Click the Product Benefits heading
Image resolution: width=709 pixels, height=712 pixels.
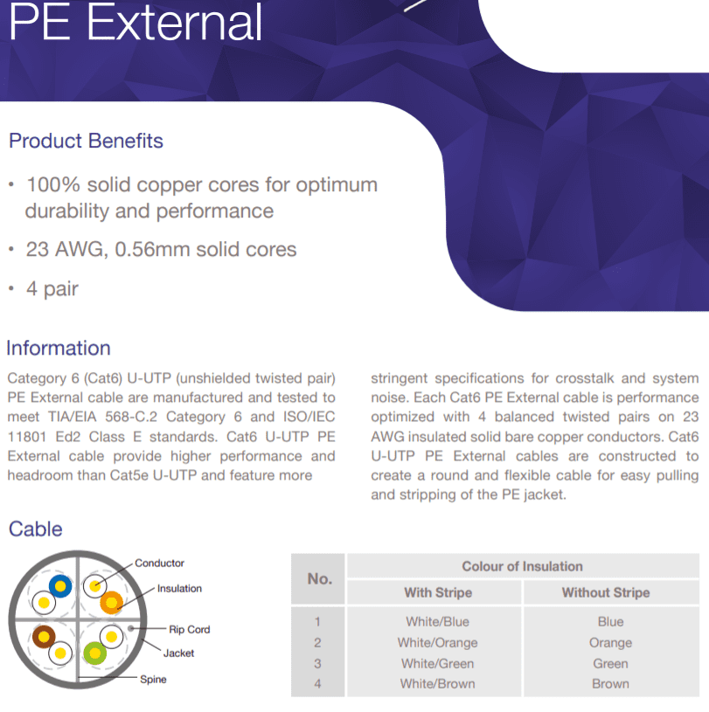(86, 141)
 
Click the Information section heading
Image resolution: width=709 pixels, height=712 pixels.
(59, 349)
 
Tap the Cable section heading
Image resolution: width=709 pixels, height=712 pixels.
(36, 529)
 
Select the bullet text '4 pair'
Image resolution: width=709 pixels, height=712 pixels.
(52, 289)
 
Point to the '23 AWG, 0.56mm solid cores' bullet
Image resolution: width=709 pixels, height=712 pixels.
(161, 249)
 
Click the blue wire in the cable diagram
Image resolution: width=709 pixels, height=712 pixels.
(60, 586)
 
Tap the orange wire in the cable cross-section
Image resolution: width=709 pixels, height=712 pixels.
(111, 603)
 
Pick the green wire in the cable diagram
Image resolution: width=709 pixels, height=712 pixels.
(95, 653)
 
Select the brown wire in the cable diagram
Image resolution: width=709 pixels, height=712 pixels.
(44, 637)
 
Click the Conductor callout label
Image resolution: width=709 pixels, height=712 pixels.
(159, 563)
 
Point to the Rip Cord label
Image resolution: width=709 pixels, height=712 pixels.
(190, 629)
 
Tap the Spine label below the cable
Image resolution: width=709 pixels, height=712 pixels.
(153, 680)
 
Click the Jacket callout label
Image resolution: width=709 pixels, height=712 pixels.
(178, 653)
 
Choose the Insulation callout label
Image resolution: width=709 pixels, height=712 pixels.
(179, 589)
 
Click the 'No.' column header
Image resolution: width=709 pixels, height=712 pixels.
(319, 578)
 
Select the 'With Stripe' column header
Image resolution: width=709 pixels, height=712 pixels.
(438, 592)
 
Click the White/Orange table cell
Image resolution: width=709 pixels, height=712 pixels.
(438, 642)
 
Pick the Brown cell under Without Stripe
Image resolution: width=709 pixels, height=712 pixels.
(610, 684)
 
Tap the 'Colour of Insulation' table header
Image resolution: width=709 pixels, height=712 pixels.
(522, 566)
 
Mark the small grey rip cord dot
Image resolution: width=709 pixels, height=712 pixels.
(131, 628)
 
